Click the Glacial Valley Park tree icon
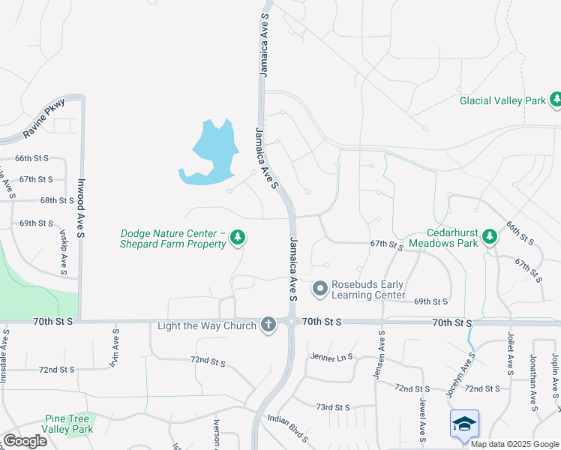click(x=556, y=100)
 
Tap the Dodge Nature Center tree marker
click(x=238, y=238)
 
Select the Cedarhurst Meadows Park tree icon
click(x=490, y=237)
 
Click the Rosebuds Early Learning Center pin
click(x=320, y=288)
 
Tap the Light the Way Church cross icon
click(x=267, y=325)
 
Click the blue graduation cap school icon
click(x=464, y=424)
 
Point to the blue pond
click(x=211, y=151)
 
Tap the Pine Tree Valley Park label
click(x=68, y=424)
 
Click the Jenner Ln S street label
click(x=331, y=358)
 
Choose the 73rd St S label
click(x=333, y=406)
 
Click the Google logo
click(x=25, y=441)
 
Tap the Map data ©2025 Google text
click(x=514, y=444)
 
